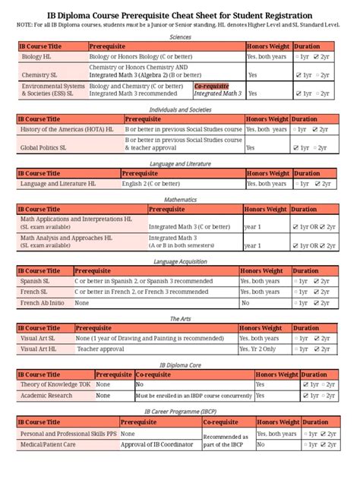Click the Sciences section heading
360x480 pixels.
[180, 36]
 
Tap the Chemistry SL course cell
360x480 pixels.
[36, 75]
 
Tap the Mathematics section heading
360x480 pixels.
[180, 199]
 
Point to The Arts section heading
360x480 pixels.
[180, 318]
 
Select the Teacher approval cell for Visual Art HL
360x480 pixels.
[100, 349]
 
